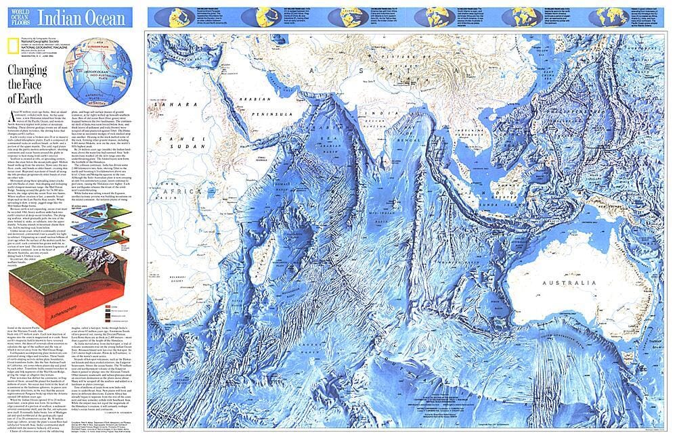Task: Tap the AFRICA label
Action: (x=179, y=192)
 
